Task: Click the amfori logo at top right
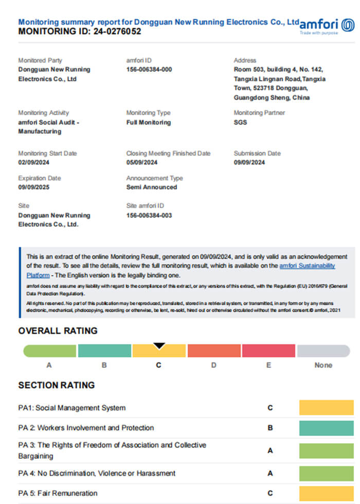click(327, 25)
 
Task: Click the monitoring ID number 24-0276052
click(117, 31)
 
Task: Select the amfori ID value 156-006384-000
click(149, 69)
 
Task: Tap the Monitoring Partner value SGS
click(240, 122)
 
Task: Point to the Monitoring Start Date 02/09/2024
click(33, 163)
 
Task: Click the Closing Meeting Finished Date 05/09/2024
click(142, 163)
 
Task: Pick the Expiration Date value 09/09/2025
click(33, 187)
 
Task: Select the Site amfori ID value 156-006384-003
click(149, 215)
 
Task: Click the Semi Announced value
click(151, 187)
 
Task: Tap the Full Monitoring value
click(148, 122)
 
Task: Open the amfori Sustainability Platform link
click(307, 266)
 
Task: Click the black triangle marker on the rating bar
click(159, 346)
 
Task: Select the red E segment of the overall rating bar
click(268, 351)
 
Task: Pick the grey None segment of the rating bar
click(323, 351)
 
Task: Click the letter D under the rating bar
click(213, 365)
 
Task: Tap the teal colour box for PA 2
click(327, 428)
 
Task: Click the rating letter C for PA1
click(270, 408)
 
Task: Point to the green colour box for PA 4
click(327, 473)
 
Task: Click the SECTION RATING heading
click(57, 385)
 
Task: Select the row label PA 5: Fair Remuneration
click(58, 493)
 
